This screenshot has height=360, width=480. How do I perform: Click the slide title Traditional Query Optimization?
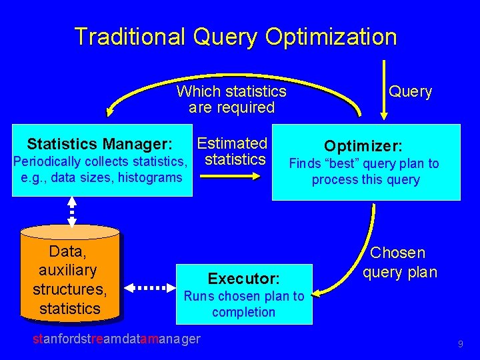[x=235, y=37]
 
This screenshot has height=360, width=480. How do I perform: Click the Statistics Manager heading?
[x=100, y=144]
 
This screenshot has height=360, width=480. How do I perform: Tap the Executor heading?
[x=243, y=278]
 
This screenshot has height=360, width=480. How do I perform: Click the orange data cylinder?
[x=69, y=273]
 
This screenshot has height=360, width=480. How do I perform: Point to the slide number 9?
[x=460, y=344]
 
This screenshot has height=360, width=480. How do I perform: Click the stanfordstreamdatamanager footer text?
[x=116, y=339]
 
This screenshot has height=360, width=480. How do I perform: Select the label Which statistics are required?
[x=231, y=99]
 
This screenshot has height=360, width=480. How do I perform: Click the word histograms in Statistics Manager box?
[x=151, y=177]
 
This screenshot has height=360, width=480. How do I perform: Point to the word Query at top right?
[x=410, y=92]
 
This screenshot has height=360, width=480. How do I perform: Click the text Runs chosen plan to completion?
[x=243, y=304]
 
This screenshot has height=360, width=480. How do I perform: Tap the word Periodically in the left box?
[x=46, y=161]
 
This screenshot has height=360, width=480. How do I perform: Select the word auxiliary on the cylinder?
[x=68, y=271]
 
